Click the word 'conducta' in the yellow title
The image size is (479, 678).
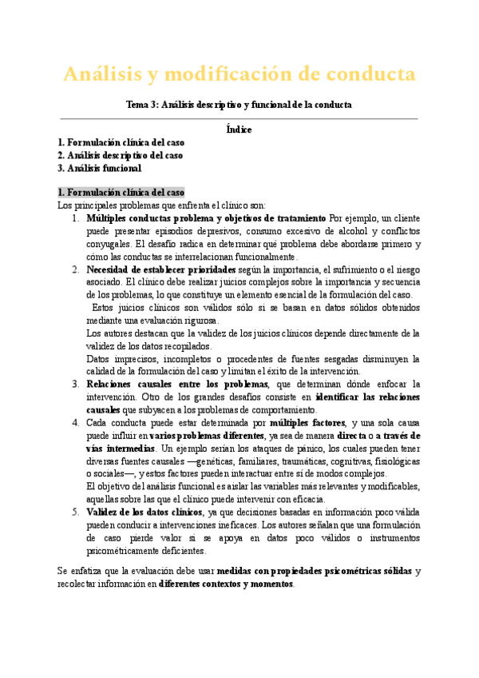point(366,74)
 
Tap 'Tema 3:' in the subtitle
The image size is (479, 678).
point(143,105)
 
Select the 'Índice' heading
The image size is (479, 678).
point(239,129)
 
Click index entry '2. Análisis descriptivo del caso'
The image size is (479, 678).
point(120,155)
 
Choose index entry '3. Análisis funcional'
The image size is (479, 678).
point(99,168)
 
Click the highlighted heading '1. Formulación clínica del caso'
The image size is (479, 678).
point(121,193)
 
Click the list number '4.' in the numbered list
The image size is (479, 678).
point(76,423)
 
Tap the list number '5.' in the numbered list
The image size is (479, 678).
point(76,512)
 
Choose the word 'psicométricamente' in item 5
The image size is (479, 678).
point(125,551)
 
